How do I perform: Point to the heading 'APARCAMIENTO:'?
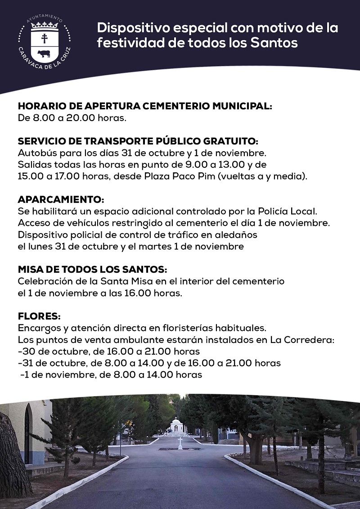(61, 199)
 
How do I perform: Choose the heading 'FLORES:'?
(39, 316)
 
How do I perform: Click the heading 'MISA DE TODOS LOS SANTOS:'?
(92, 270)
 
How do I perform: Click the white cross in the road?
(180, 443)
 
